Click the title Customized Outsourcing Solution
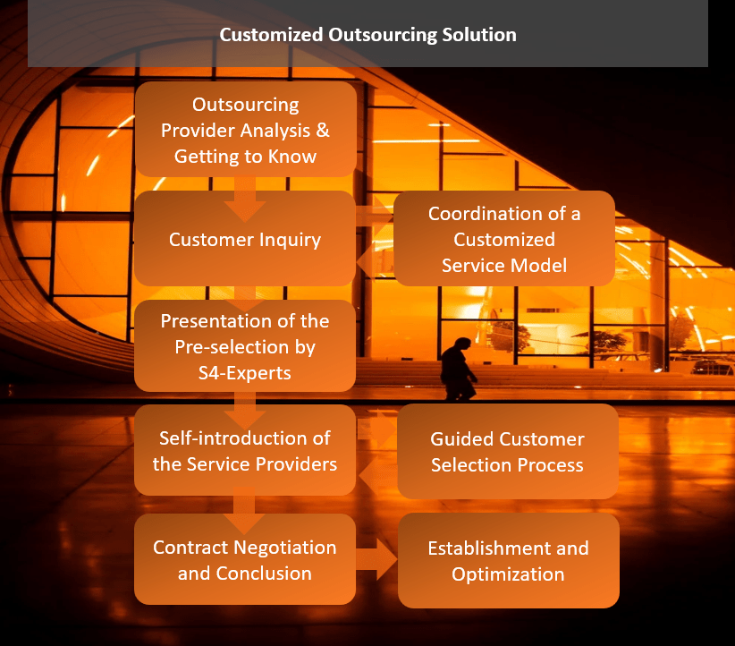(367, 36)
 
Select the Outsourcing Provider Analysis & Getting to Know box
(245, 131)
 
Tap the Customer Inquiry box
(245, 239)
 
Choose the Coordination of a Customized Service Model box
(504, 239)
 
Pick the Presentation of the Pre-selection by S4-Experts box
(245, 346)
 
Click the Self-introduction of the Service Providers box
(245, 451)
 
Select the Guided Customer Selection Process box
(507, 452)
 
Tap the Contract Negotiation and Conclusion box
(245, 559)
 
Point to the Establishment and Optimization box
(508, 560)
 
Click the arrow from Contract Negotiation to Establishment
(377, 561)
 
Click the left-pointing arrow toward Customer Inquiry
(374, 263)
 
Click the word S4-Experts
(245, 372)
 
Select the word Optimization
(508, 574)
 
